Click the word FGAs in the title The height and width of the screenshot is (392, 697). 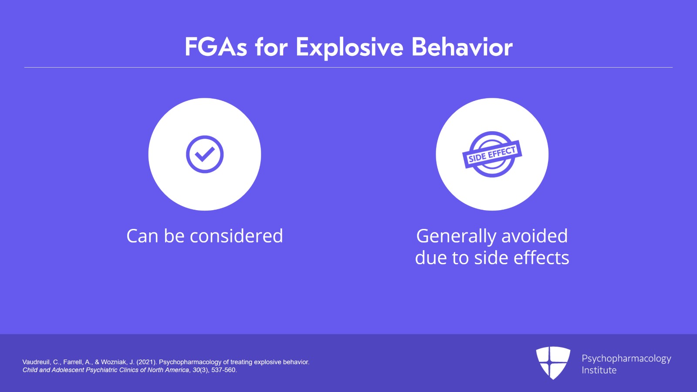coord(216,47)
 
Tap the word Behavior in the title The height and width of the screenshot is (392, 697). coord(462,47)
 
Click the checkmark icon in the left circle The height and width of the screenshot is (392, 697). coord(205,154)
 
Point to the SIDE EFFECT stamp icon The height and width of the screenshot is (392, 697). coord(492,154)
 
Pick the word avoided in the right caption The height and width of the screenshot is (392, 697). coord(535,236)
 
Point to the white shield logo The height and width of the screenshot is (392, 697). coord(553,362)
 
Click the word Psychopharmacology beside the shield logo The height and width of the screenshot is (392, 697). coord(626,358)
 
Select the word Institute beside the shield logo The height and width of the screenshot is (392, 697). coord(599,370)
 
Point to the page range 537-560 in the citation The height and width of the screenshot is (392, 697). coord(223,370)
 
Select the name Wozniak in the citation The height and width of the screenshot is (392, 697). coord(113,362)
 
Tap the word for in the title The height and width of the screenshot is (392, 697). coord(271,47)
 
